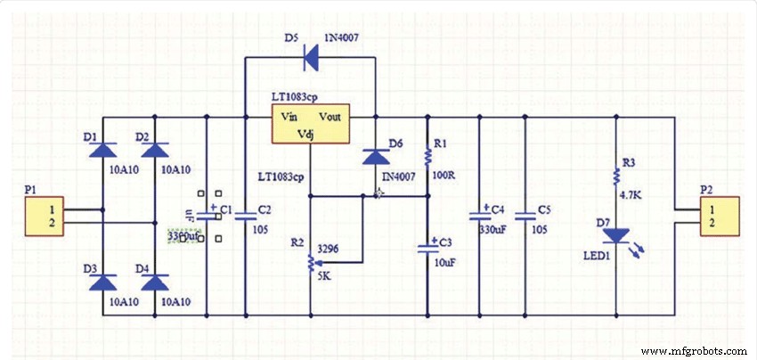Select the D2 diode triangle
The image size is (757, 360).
point(156,151)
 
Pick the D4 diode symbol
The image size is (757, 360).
point(156,282)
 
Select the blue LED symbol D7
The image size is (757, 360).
point(615,236)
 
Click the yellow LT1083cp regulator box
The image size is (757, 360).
point(311,123)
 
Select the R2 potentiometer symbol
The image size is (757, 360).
point(311,263)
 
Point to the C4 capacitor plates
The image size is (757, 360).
point(480,215)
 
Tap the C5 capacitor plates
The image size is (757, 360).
point(524,215)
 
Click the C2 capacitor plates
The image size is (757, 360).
point(245,215)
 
